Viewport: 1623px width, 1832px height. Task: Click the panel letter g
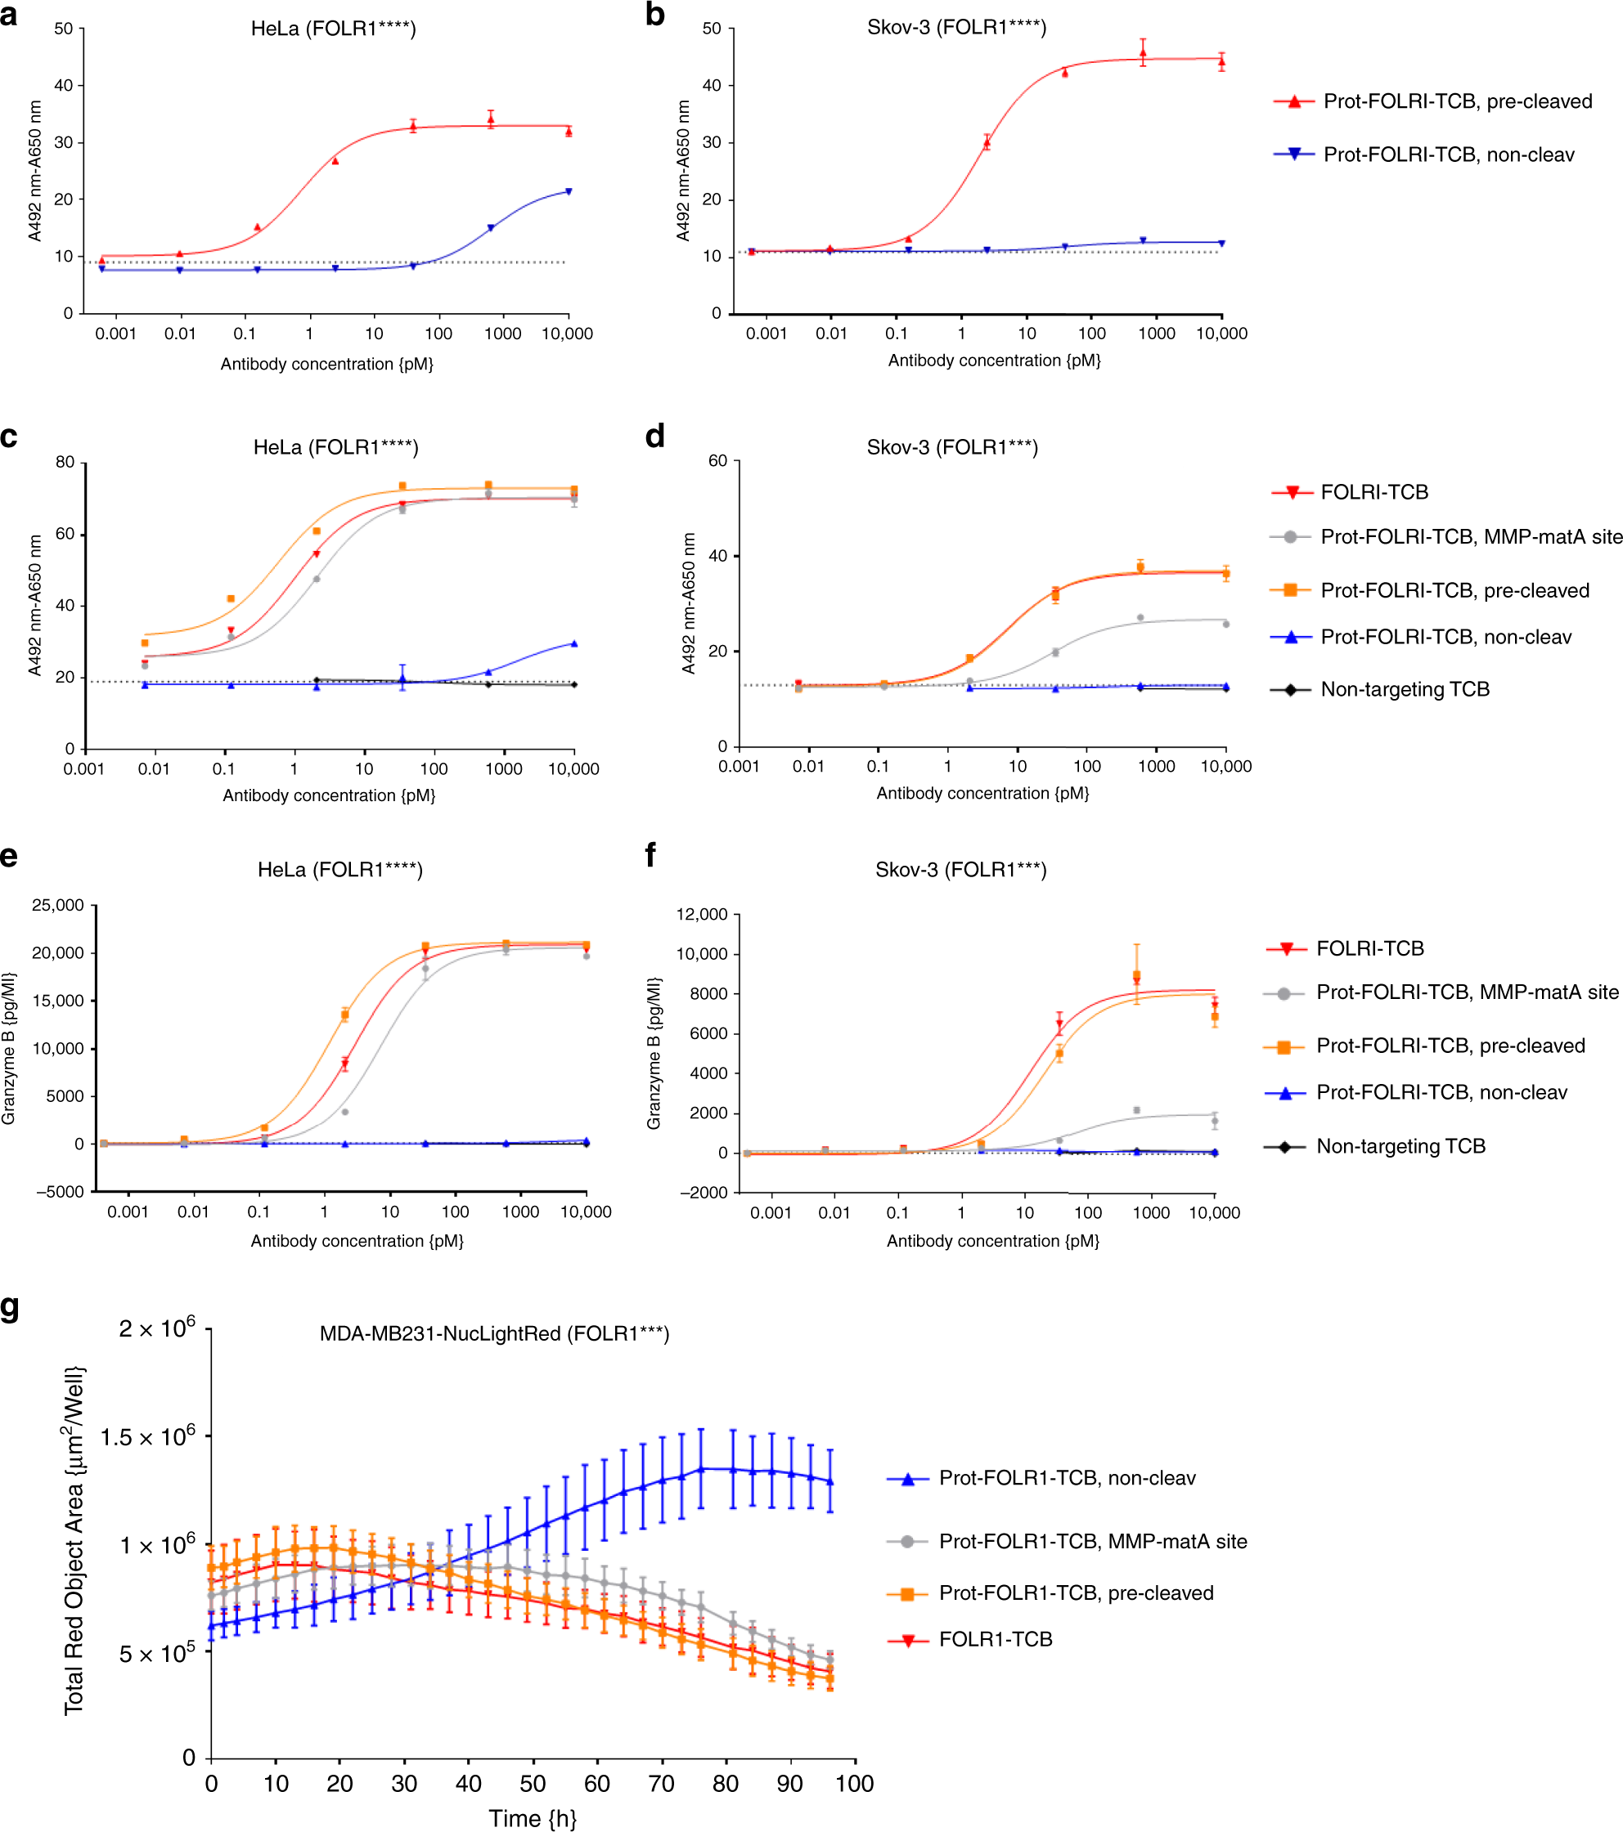10,1308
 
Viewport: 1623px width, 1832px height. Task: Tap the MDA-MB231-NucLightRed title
494,1333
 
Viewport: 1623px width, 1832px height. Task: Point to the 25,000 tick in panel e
58,905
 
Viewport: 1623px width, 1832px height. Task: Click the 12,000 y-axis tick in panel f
702,914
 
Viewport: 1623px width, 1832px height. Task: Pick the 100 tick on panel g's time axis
854,1784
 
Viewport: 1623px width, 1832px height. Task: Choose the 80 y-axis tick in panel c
65,463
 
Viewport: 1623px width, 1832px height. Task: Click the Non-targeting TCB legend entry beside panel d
1405,689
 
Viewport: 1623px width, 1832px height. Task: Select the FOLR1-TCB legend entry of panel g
996,1639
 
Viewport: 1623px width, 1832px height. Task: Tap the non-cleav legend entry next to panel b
1448,155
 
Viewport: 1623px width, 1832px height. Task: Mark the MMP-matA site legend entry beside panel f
1467,992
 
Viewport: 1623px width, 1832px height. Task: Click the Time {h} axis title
533,1817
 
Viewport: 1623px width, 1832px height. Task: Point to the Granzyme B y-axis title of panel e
9,1048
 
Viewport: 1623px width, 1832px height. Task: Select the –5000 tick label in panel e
60,1192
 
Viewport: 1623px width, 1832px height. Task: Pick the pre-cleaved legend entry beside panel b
1457,101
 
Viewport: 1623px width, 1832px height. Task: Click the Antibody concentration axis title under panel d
982,793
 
